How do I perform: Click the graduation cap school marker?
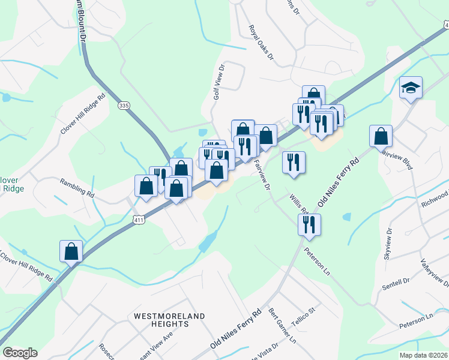click(x=411, y=88)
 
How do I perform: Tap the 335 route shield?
click(x=124, y=105)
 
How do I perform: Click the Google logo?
click(x=20, y=353)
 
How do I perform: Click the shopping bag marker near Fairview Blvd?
click(x=381, y=136)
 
